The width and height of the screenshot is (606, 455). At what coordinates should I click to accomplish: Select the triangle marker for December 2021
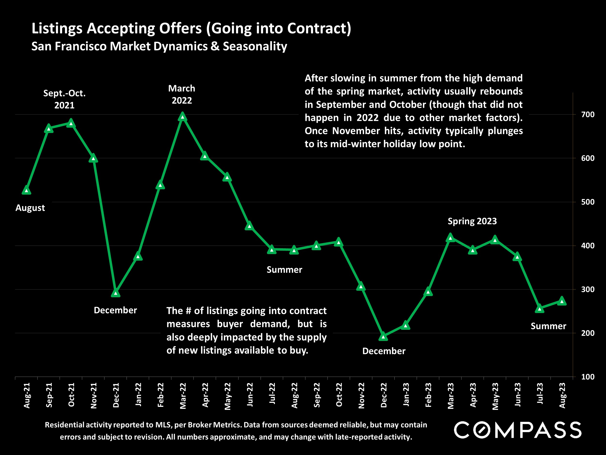click(x=116, y=293)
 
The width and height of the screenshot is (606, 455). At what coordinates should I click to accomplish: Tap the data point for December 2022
click(x=383, y=336)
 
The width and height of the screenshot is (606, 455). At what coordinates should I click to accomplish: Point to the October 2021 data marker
click(x=71, y=123)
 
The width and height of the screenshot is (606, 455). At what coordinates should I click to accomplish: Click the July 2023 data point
click(x=539, y=308)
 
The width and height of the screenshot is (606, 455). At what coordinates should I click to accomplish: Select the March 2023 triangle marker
click(x=450, y=238)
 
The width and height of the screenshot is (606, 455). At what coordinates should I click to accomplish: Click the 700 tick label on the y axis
click(x=588, y=115)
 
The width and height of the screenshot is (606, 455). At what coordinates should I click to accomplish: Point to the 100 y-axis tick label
click(x=588, y=377)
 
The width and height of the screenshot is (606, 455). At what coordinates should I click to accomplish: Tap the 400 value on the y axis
click(x=588, y=246)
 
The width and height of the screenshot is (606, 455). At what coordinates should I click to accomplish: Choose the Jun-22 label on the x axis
click(x=250, y=395)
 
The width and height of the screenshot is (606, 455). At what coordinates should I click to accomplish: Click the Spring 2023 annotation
click(x=472, y=221)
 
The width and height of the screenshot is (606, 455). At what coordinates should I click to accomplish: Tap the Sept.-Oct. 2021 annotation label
click(x=64, y=99)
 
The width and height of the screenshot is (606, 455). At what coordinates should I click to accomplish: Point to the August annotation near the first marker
click(x=30, y=208)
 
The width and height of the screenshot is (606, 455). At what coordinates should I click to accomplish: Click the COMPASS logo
click(x=518, y=430)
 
